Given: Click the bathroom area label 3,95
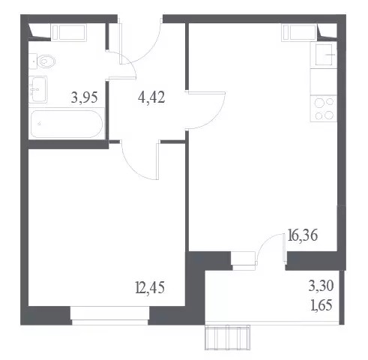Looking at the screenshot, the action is point(84,97).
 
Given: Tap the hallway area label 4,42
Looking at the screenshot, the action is point(151,97).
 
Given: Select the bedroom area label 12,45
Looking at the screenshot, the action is point(150,287).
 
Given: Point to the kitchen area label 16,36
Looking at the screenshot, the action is point(303,235).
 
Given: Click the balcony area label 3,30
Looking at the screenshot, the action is point(321,286).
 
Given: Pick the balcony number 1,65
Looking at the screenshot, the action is point(322,305).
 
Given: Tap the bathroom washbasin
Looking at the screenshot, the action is point(37,89).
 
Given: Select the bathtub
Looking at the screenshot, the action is point(67,124).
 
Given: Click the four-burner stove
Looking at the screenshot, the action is point(324,109).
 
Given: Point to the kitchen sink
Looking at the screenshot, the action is point(324,55).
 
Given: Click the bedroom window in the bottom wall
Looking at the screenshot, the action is point(110,316).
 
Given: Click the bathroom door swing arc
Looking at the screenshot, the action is point(130,59).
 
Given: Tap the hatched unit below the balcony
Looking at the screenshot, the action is point(227,337).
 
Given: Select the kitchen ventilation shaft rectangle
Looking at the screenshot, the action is point(299,32).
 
